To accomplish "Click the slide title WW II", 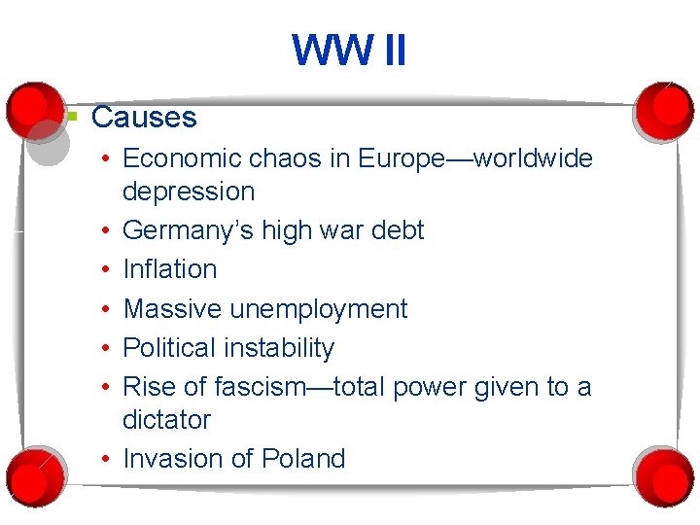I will coord(349,51).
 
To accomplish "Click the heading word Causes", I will coord(144,118).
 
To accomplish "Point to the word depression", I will coord(189,192).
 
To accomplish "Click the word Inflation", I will coord(170,269).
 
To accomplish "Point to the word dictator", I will coord(166,420).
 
